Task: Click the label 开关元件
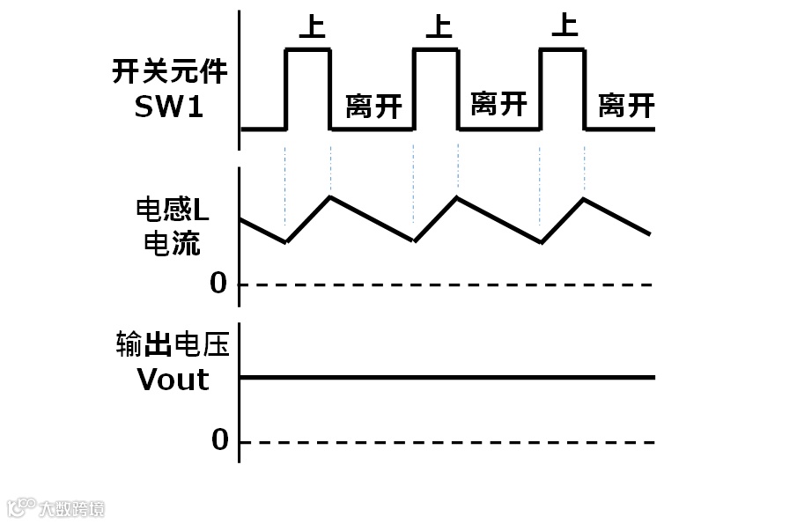point(169,71)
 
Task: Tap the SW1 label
point(169,107)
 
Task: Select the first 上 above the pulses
point(312,26)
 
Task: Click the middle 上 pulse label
point(438,26)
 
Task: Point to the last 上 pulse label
point(564,26)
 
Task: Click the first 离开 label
point(373,107)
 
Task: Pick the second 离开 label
point(498,105)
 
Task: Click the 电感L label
point(172,210)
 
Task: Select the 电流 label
point(172,242)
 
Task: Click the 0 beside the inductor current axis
point(218,284)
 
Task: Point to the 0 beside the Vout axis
point(219,440)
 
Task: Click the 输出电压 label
point(172,344)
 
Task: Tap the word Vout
point(173,380)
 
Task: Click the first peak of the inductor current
point(330,196)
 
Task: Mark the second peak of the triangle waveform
point(456,196)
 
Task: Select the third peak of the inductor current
point(583,197)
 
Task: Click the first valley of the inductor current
point(285,241)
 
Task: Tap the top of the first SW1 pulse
point(308,50)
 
